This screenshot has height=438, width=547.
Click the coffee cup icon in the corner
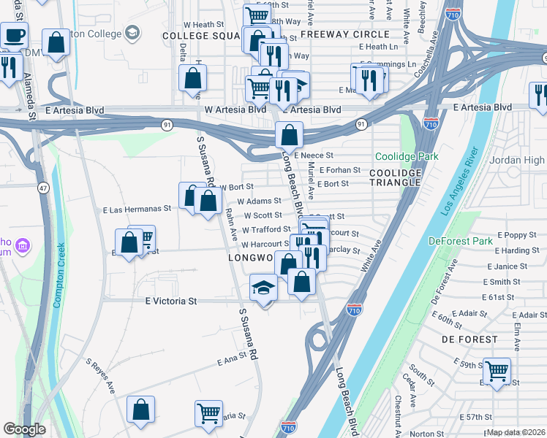(15, 34)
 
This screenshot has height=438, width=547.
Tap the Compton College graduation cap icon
(132, 32)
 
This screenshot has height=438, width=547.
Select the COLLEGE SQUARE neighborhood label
(201, 35)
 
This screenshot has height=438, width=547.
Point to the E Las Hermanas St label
(137, 209)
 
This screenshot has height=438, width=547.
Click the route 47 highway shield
(45, 188)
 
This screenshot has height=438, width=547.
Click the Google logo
(24, 429)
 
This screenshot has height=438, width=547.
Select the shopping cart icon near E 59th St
(497, 370)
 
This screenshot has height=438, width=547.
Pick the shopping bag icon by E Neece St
(290, 135)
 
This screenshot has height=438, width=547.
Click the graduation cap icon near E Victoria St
(263, 288)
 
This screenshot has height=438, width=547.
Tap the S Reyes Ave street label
(101, 374)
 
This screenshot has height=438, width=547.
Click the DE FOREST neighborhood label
(469, 339)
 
